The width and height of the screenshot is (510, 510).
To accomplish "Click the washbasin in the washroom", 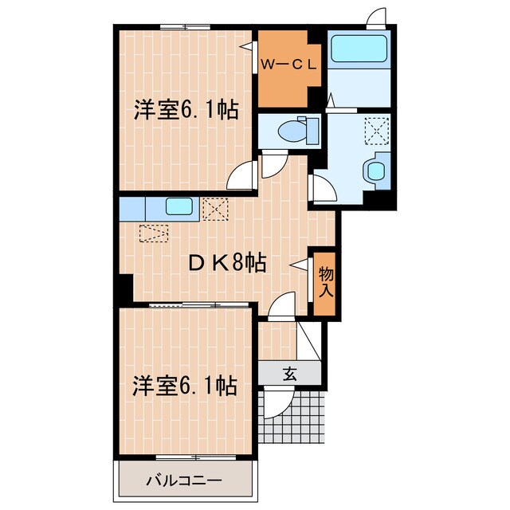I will (x=374, y=170).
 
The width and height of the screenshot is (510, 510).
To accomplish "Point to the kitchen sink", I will (x=178, y=208).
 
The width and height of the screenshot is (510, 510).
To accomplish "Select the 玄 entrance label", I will (x=290, y=373).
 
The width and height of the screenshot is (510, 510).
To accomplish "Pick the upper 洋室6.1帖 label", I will (x=186, y=111).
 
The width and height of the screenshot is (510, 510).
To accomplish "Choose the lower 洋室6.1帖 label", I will (x=185, y=387).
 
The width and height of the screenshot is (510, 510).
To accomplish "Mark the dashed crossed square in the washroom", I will (x=375, y=128).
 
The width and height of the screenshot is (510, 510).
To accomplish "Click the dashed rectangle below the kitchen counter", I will (x=155, y=233).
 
